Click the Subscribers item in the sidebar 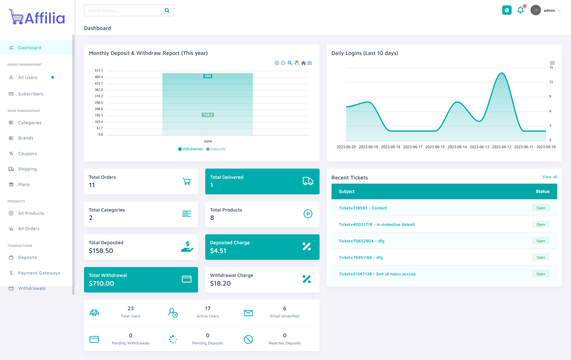point(31,94)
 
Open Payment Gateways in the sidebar point(39,273)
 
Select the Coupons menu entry point(27,154)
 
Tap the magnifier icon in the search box point(167,10)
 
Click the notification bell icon point(520,10)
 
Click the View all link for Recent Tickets point(549,177)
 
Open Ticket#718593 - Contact point(363,208)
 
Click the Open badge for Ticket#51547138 point(541,274)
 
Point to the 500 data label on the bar point(208,76)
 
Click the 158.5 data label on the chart point(208,115)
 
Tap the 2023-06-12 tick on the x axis point(501,147)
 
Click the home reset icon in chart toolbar point(303,63)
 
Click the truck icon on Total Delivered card point(308,181)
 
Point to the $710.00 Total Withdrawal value point(101,283)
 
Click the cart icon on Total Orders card point(187,181)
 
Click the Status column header point(542,191)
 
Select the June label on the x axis point(208,141)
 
